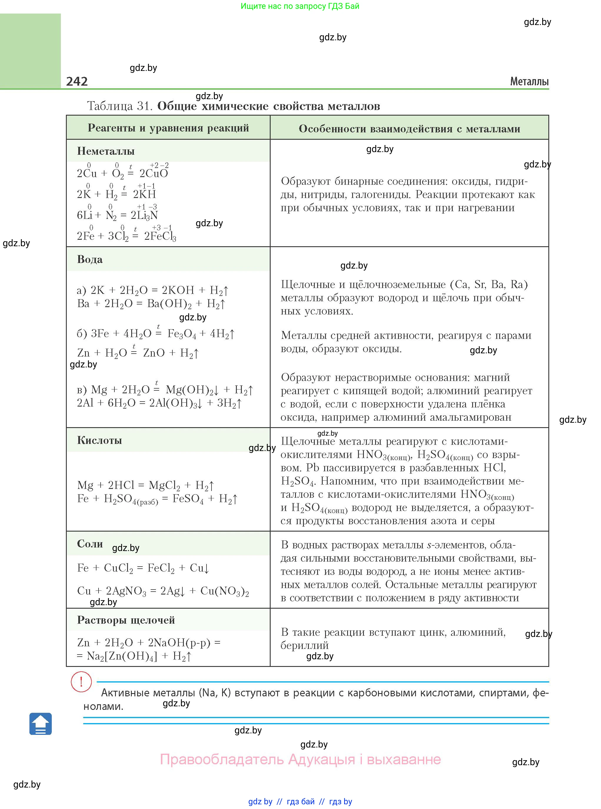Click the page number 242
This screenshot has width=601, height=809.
click(77, 81)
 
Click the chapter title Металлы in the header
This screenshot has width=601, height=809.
click(529, 81)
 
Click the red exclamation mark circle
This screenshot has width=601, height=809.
click(81, 681)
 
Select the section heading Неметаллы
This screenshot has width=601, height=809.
click(106, 151)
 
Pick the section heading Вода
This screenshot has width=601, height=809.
click(90, 259)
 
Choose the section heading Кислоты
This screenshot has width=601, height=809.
click(99, 440)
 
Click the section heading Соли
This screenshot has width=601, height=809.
click(90, 543)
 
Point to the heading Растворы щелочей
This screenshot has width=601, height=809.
click(126, 620)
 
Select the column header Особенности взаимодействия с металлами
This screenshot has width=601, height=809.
click(409, 129)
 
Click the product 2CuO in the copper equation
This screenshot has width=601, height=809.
click(154, 173)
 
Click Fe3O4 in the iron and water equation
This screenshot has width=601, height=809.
click(182, 334)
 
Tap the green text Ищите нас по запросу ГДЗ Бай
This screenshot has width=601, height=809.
click(300, 6)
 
